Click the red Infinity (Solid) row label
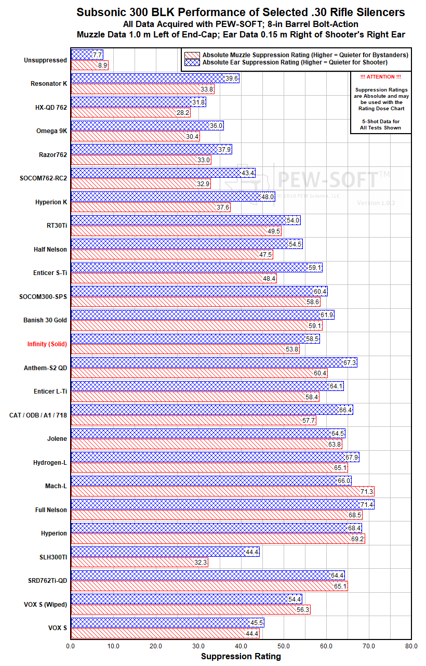(47, 344)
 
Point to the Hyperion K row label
(51, 202)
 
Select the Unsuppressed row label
(45, 60)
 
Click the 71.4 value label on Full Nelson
(367, 504)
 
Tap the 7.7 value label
(97, 55)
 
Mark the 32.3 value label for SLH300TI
(201, 562)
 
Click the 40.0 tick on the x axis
(241, 646)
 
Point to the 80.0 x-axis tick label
(411, 646)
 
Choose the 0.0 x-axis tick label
(71, 646)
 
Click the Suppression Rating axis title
(241, 657)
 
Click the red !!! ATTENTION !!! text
(381, 77)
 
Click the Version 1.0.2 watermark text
(376, 203)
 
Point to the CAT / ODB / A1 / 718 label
(38, 415)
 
